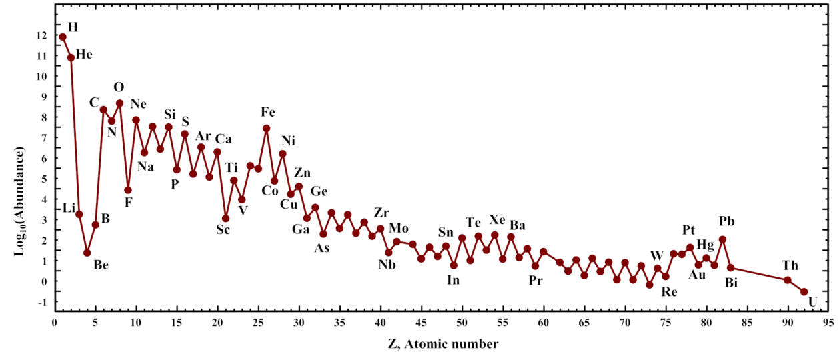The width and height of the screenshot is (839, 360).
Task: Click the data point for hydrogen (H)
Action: [63, 37]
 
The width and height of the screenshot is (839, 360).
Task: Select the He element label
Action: [84, 55]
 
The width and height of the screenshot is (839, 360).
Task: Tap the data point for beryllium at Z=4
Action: [87, 253]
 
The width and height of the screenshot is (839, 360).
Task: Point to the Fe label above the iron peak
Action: [268, 113]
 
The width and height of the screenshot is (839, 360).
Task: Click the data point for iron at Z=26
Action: [267, 128]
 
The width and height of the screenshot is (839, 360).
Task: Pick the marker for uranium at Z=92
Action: [804, 291]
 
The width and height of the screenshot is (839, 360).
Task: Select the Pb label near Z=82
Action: [727, 221]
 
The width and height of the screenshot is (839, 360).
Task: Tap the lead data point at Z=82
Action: [722, 239]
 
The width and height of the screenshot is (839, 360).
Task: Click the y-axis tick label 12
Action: [41, 35]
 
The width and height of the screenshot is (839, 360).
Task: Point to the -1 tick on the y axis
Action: [42, 303]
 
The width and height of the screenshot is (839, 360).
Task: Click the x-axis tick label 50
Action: [462, 323]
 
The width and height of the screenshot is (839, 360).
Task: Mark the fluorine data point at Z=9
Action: [128, 190]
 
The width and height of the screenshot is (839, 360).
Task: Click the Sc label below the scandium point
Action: [223, 230]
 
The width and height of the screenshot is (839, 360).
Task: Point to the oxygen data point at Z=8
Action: [120, 103]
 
